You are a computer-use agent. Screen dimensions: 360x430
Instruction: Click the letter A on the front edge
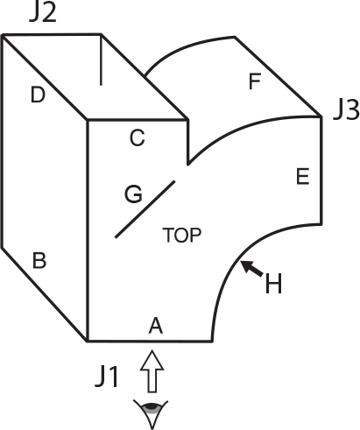pyautogui.click(x=156, y=326)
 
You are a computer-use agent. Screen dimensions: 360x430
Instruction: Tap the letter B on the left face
pyautogui.click(x=39, y=260)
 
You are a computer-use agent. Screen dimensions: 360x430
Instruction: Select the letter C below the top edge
pyautogui.click(x=137, y=137)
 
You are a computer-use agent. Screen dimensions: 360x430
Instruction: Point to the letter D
pyautogui.click(x=38, y=95)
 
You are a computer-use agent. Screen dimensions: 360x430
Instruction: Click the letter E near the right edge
pyautogui.click(x=303, y=177)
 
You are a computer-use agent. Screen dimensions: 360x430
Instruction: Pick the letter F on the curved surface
pyautogui.click(x=255, y=81)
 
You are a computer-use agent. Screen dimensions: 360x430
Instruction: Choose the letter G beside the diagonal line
pyautogui.click(x=133, y=194)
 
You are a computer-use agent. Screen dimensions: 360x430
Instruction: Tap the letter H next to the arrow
pyautogui.click(x=273, y=283)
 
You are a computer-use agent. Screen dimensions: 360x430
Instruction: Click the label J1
pyautogui.click(x=107, y=377)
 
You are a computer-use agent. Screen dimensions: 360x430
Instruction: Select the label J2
pyautogui.click(x=43, y=12)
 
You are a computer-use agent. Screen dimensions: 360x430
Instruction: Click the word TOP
pyautogui.click(x=182, y=235)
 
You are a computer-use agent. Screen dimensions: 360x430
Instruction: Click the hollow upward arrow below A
pyautogui.click(x=152, y=371)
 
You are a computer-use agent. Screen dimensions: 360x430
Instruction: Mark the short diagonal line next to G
pyautogui.click(x=145, y=209)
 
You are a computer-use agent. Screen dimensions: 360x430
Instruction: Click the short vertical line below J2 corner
pyautogui.click(x=101, y=60)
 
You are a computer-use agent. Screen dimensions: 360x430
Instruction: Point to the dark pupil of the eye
pyautogui.click(x=152, y=406)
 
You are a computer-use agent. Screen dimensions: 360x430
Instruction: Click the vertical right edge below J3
pyautogui.click(x=321, y=170)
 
